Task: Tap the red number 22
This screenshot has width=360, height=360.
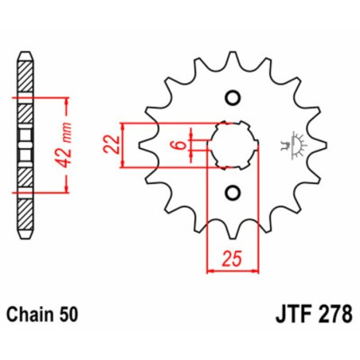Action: pos(112,145)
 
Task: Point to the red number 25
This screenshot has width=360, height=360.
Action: pos(232,258)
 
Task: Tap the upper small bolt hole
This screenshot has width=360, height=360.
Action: pos(233,99)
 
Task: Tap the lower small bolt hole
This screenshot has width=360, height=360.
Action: pos(233,192)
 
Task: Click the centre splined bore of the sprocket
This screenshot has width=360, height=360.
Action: pos(232,145)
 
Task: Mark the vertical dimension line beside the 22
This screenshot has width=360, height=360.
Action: pos(122,145)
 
